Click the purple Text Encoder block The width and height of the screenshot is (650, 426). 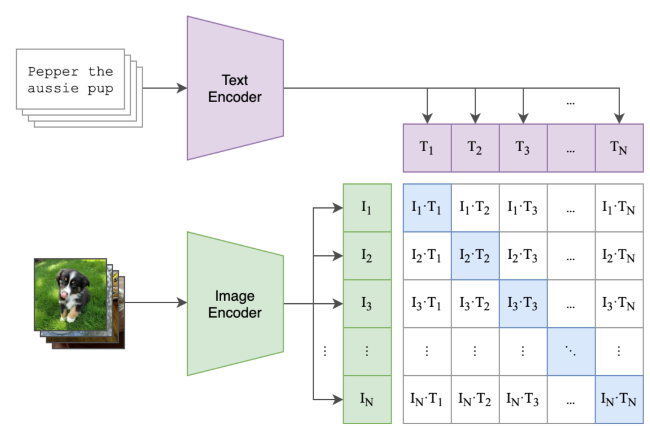pyautogui.click(x=235, y=88)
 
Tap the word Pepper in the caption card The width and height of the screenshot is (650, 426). pyautogui.click(x=53, y=72)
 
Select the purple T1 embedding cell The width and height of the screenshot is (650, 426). pyautogui.click(x=427, y=148)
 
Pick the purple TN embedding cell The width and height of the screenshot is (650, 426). pyautogui.click(x=619, y=148)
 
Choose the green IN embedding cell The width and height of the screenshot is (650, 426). pyautogui.click(x=367, y=400)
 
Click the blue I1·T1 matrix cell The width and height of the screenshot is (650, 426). pyautogui.click(x=427, y=208)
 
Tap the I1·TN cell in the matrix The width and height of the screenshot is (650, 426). pyautogui.click(x=619, y=208)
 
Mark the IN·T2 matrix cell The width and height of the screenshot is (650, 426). pyautogui.click(x=475, y=400)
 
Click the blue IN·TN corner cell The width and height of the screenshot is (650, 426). pyautogui.click(x=619, y=400)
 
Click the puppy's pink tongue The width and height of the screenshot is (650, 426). pyautogui.click(x=64, y=295)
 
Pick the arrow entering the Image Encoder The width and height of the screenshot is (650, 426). pyautogui.click(x=156, y=303)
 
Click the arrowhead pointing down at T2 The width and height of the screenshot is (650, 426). pyautogui.click(x=475, y=118)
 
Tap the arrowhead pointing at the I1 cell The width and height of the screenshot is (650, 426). pyautogui.click(x=338, y=208)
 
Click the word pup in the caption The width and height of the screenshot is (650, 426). pyautogui.click(x=100, y=89)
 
